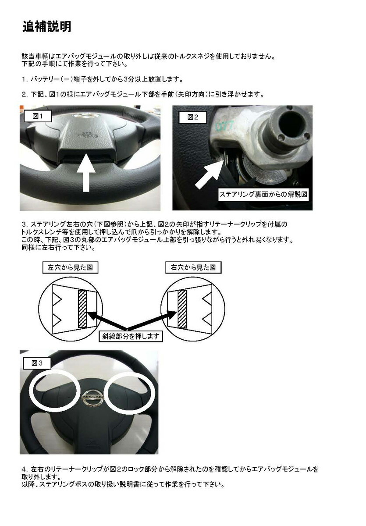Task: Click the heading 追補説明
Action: (x=46, y=27)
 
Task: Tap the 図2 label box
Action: (x=193, y=117)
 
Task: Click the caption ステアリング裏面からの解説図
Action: (x=263, y=195)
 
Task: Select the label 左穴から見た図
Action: (x=70, y=267)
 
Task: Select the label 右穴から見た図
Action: (x=193, y=267)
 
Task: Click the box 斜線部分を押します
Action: (x=131, y=336)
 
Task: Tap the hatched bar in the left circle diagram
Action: (x=82, y=309)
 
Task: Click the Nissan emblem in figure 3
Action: (x=92, y=397)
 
